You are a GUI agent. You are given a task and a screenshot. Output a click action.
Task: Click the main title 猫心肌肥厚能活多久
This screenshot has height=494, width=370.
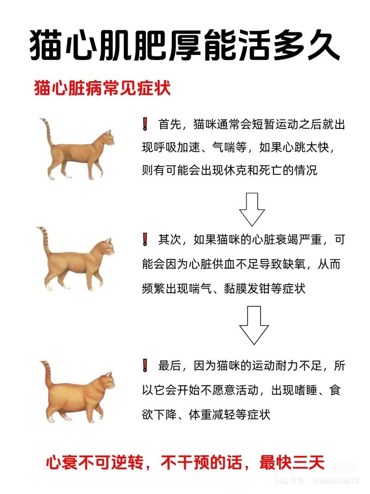coord(185,45)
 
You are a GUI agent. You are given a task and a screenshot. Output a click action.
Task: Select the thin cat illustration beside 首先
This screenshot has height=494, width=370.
coord(79,150)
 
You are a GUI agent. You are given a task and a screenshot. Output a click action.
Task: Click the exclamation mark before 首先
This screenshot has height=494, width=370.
coord(145,124)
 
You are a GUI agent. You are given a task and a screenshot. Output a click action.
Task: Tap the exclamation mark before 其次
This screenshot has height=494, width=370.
coord(145,240)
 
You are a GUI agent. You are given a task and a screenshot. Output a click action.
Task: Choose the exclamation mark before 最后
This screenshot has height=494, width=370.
coord(145,365)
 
